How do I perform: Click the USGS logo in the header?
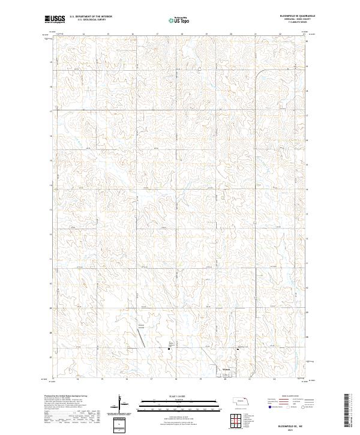(54, 19)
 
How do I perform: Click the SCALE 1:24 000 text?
(171, 397)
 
